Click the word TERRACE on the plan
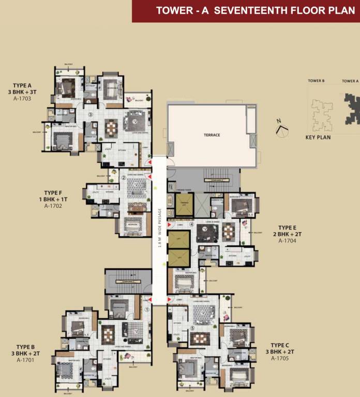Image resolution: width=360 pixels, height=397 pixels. click(212, 135)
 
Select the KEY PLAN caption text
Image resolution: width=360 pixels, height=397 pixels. click(318, 138)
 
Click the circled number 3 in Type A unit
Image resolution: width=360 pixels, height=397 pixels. click(91, 115)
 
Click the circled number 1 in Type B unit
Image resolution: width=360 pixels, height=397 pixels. click(147, 310)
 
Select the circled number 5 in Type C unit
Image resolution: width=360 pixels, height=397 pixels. click(191, 328)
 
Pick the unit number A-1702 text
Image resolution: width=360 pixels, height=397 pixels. click(53, 206)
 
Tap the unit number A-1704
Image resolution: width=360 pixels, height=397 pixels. click(287, 240)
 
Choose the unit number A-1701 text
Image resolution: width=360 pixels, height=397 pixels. click(25, 360)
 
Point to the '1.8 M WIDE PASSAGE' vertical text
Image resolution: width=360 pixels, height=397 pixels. click(160, 228)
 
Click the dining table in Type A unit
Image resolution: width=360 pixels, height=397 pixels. click(111, 128)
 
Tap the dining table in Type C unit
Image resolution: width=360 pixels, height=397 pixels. click(199, 339)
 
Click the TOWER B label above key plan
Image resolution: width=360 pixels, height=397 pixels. click(316, 81)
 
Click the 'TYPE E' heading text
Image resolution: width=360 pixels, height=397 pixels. click(287, 227)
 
